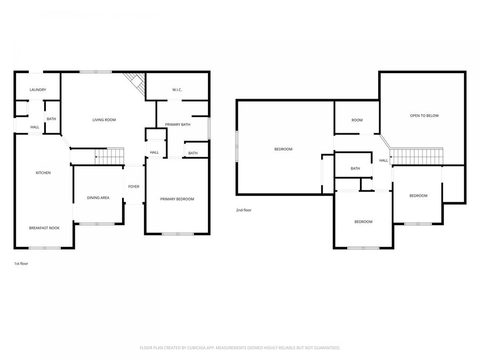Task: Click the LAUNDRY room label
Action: pos(37,90)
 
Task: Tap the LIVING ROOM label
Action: pos(104,120)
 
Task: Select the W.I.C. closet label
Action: pos(177,90)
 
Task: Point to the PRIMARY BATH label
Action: pos(178,125)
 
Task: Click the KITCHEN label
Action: pos(43,173)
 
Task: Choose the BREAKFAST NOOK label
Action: pos(44,228)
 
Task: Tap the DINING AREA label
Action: pos(98,198)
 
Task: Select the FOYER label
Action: pos(134,187)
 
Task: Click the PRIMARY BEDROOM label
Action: pos(177,199)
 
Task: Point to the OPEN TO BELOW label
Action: pos(424,116)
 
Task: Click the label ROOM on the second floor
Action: pos(357,120)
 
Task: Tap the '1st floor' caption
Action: pos(21,263)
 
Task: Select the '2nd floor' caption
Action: pos(244,210)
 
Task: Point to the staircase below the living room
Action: pos(109,156)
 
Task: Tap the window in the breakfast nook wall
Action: pos(45,248)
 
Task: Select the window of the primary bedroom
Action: pos(178,234)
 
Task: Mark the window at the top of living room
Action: pos(96,72)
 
